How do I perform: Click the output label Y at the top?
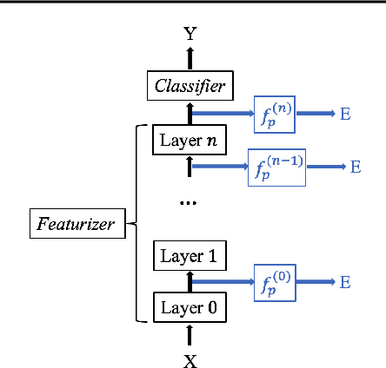[190, 35]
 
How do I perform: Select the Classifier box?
[190, 85]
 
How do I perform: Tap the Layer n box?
[190, 140]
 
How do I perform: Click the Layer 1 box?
[190, 256]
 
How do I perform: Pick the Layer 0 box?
[190, 306]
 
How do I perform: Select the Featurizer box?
[76, 224]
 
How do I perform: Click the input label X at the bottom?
[190, 360]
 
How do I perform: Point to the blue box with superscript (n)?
[276, 115]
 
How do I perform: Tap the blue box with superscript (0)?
[276, 282]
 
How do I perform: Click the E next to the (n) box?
[345, 115]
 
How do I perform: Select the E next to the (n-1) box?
[356, 166]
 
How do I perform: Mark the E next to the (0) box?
[345, 282]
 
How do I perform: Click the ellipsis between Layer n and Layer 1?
[188, 202]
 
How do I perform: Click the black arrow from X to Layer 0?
[190, 336]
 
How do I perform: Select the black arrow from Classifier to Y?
[190, 59]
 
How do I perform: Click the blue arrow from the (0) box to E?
[316, 282]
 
